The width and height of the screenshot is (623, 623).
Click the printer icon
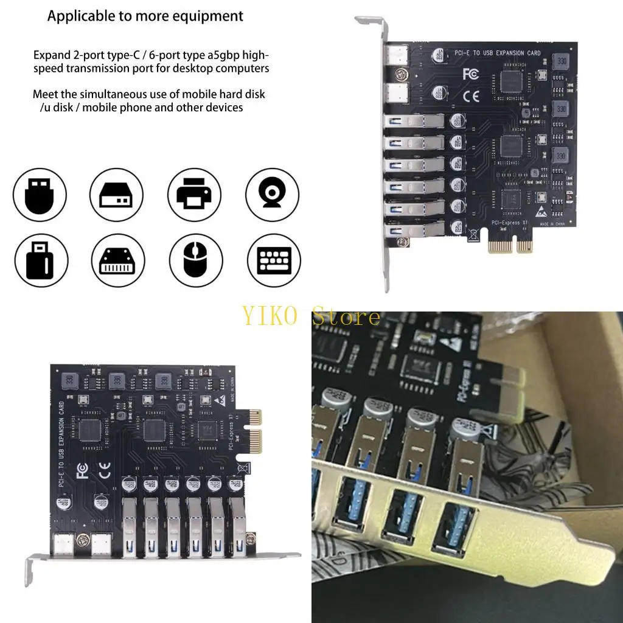pyautogui.click(x=194, y=195)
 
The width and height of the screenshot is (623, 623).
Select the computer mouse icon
pyautogui.click(x=194, y=261)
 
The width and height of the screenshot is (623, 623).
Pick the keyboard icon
pyautogui.click(x=274, y=261)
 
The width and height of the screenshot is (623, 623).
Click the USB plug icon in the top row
pyautogui.click(x=38, y=195)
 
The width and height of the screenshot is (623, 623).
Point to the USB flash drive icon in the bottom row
pyautogui.click(x=38, y=261)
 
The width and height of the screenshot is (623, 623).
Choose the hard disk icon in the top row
pyautogui.click(x=116, y=195)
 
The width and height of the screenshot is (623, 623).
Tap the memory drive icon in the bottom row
pyautogui.click(x=116, y=261)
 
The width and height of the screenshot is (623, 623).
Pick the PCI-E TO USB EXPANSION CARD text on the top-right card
pyautogui.click(x=498, y=54)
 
